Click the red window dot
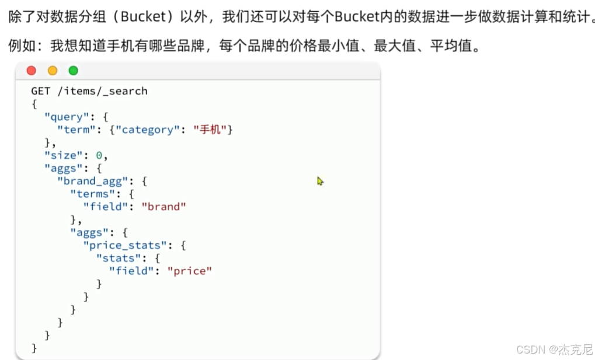point(32,71)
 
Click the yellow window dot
point(53,71)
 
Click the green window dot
point(73,71)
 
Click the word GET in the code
point(40,91)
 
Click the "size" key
point(60,155)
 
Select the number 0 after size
point(98,155)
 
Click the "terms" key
point(92,194)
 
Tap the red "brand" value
point(163,207)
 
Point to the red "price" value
point(189,271)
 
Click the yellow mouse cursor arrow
point(320,181)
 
